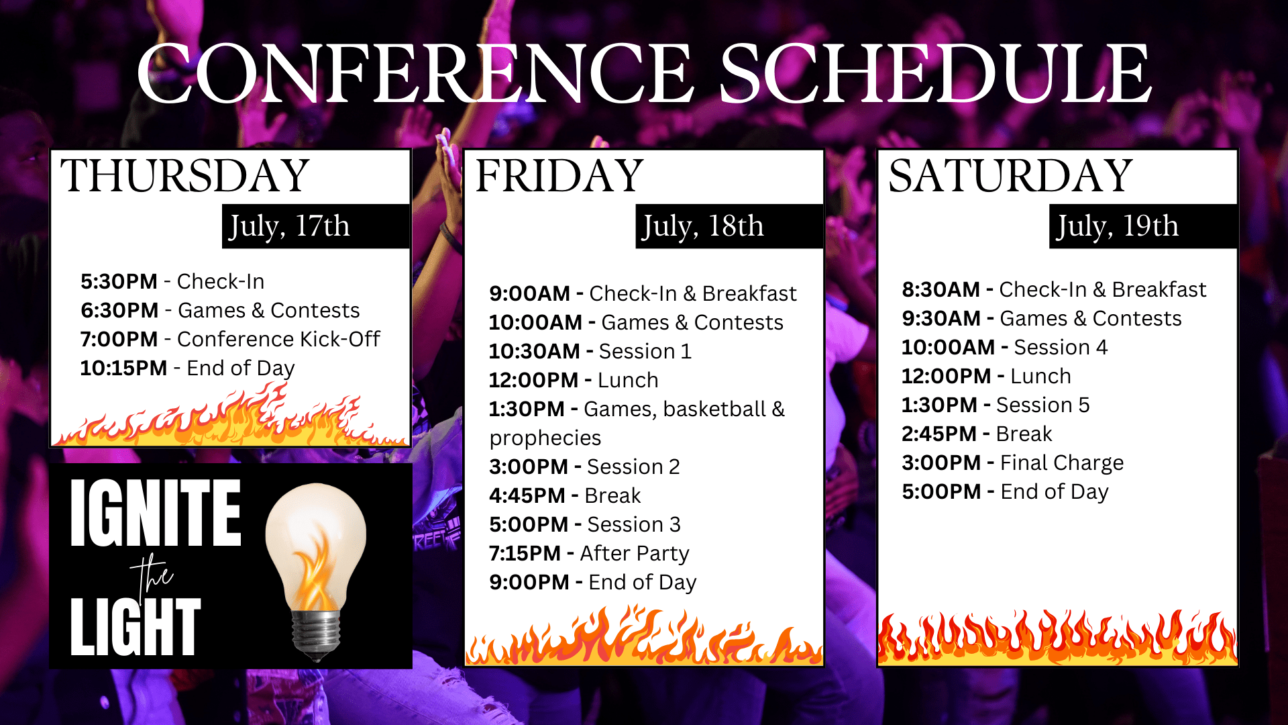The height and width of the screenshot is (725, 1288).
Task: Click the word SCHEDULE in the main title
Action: (x=936, y=72)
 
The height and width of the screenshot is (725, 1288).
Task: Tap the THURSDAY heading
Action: (x=185, y=176)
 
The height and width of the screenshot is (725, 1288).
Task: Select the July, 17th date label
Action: (x=290, y=226)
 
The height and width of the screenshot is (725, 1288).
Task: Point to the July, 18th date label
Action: (x=703, y=226)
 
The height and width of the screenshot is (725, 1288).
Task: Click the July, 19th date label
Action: (x=1118, y=226)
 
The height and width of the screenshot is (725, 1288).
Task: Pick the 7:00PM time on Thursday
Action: (x=119, y=339)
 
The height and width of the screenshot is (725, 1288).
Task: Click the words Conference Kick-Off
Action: (x=278, y=339)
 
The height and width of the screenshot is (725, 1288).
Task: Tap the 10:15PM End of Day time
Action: (x=123, y=368)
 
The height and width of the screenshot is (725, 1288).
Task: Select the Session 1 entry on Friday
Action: (x=645, y=351)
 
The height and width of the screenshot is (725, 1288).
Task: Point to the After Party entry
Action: (x=635, y=553)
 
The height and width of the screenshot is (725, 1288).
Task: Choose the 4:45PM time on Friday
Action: (x=527, y=495)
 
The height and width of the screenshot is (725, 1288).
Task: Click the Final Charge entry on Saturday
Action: (x=1062, y=463)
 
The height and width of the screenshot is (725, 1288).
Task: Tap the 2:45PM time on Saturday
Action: (x=939, y=434)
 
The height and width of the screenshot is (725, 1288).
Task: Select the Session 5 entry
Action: (x=1042, y=405)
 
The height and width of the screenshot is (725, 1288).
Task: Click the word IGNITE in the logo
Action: (x=156, y=513)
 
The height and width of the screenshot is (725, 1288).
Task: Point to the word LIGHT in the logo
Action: (x=136, y=626)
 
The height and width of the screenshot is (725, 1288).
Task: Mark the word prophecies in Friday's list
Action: (x=545, y=438)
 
